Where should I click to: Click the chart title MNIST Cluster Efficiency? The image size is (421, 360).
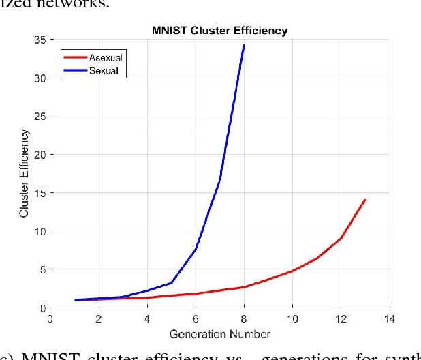pyautogui.click(x=219, y=31)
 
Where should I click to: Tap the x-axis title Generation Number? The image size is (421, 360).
pyautogui.click(x=219, y=333)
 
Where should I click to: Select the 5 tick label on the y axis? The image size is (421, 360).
pyautogui.click(x=42, y=269)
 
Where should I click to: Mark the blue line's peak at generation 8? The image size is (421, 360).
pyautogui.click(x=244, y=46)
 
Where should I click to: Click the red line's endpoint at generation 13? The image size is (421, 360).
pyautogui.click(x=365, y=200)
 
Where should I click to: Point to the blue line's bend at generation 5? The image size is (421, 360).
pyautogui.click(x=171, y=282)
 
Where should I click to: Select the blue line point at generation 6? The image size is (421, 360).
pyautogui.click(x=196, y=249)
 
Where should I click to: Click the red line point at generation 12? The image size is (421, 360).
pyautogui.click(x=341, y=238)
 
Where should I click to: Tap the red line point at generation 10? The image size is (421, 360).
pyautogui.click(x=292, y=271)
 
